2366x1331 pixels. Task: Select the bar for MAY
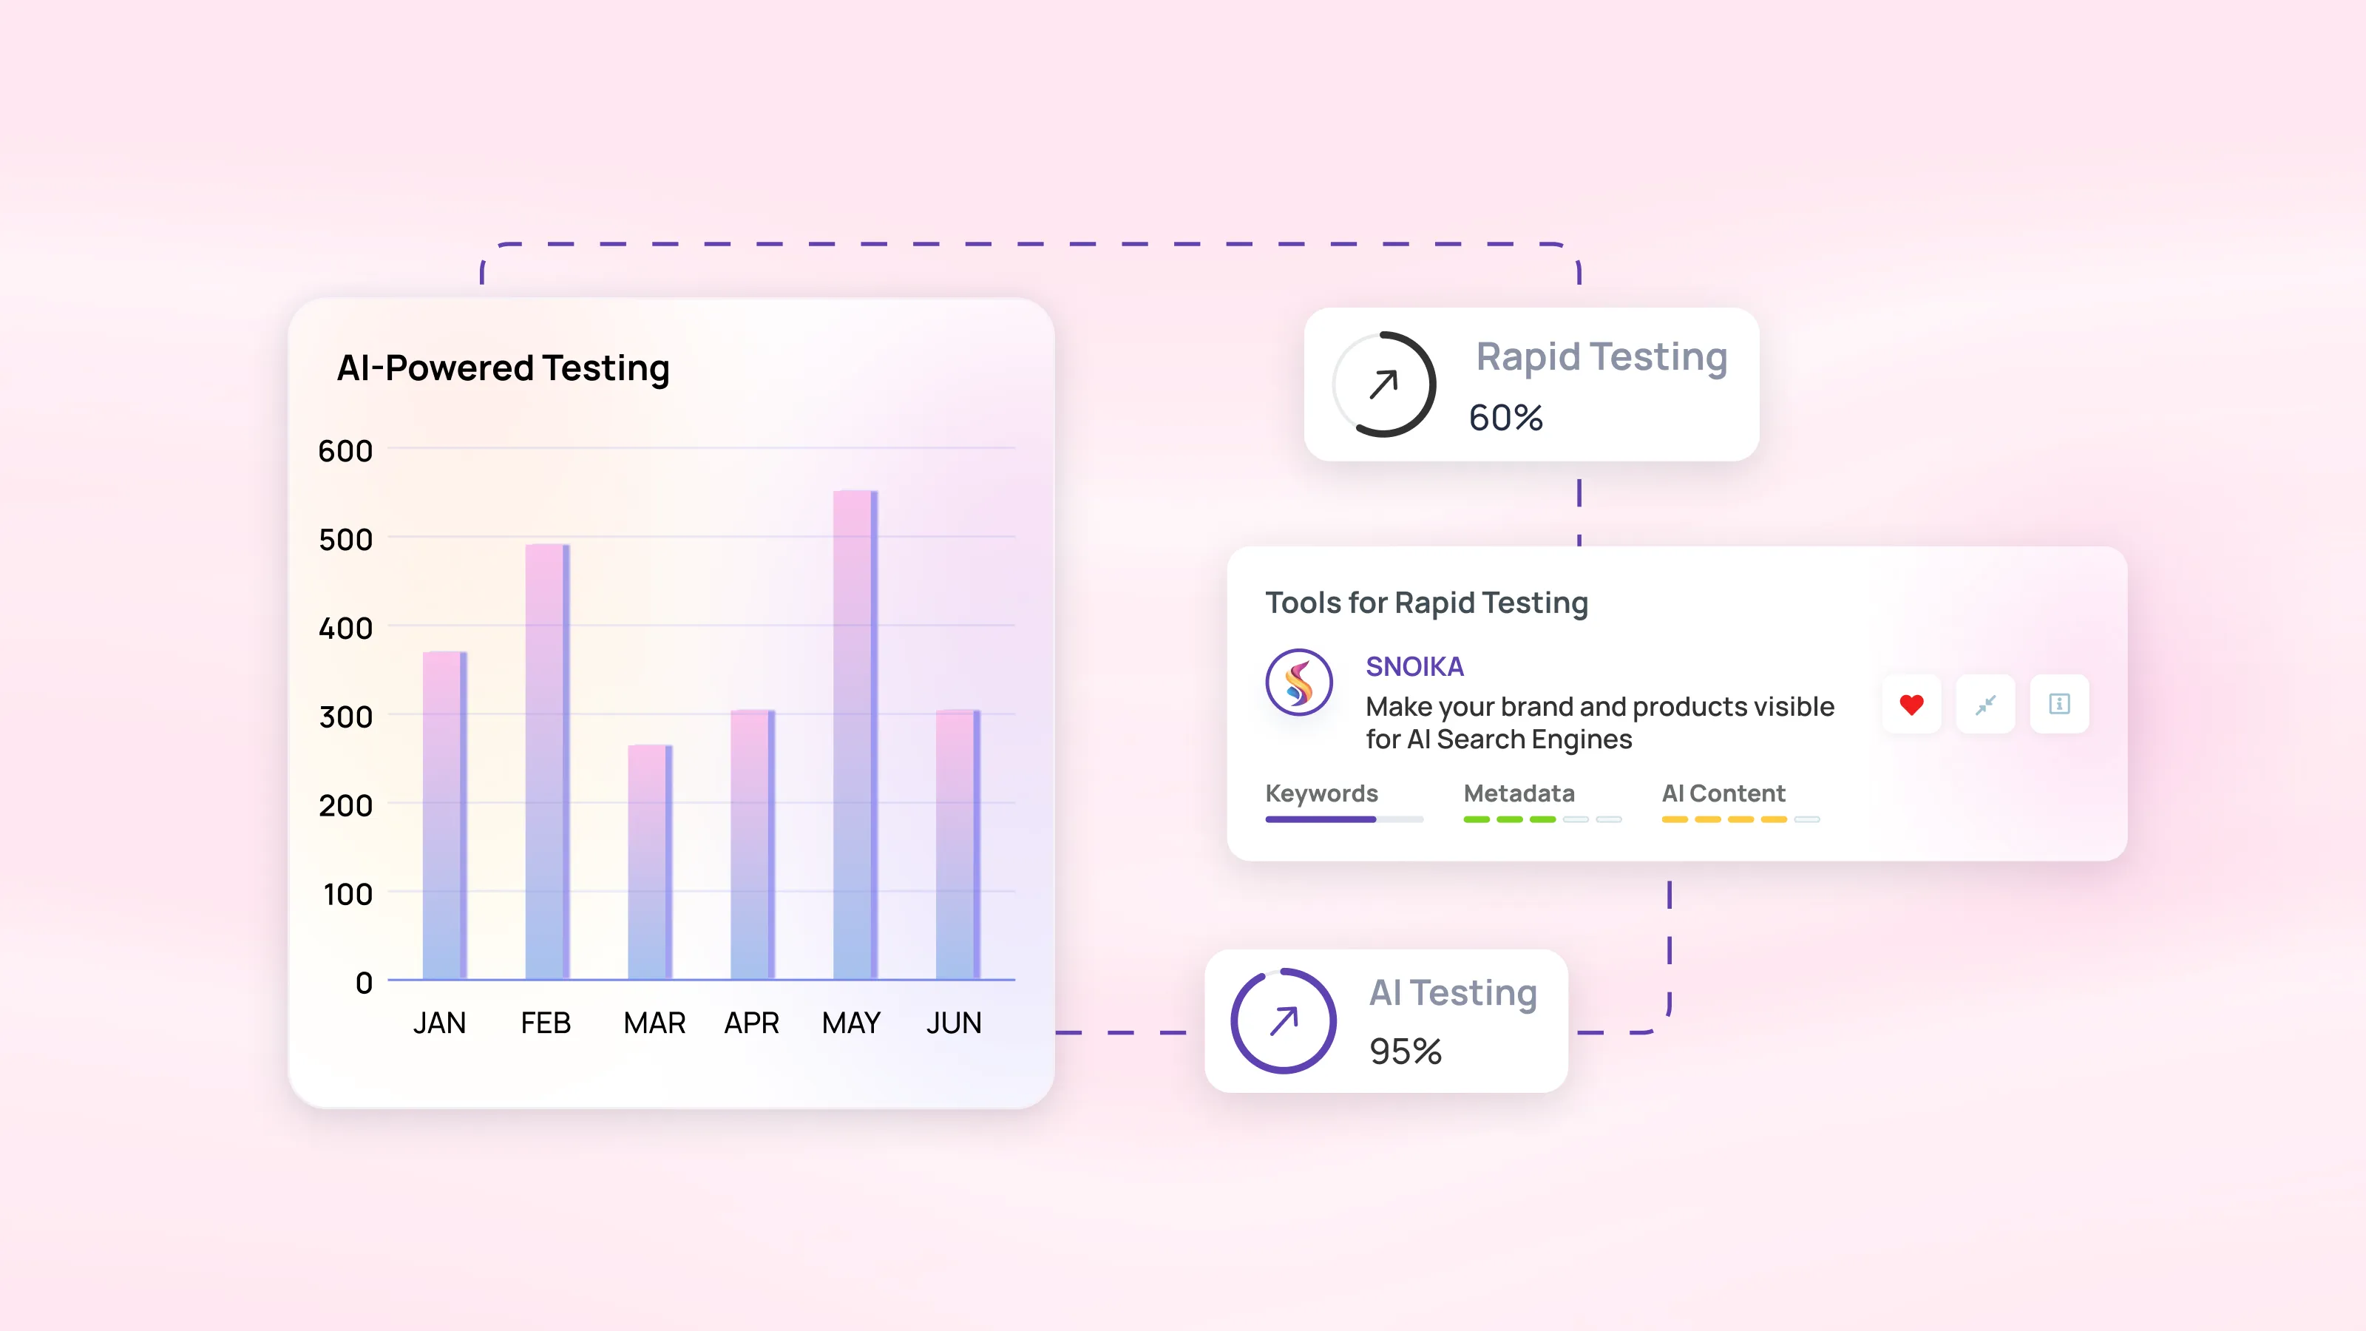pos(854,735)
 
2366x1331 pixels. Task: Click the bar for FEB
pos(546,762)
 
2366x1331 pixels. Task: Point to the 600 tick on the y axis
pos(345,451)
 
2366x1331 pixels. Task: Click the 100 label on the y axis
pos(348,895)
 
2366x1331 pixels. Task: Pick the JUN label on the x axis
pos(953,1023)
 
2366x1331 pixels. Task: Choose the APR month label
pos(751,1023)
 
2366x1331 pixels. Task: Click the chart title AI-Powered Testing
pos(504,368)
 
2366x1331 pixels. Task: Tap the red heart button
pos(1911,705)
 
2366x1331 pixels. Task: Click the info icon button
pos(2059,705)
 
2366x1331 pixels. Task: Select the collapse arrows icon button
pos(1986,705)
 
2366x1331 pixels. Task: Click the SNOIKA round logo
pos(1299,683)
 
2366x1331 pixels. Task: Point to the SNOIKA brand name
pos(1414,667)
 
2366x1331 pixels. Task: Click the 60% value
pos(1505,418)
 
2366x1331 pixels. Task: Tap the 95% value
pos(1406,1051)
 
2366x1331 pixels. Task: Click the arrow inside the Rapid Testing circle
pos(1383,384)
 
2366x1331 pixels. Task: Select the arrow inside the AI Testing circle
pos(1284,1020)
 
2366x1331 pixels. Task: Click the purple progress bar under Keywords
pos(1321,819)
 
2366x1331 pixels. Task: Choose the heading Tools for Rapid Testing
pos(1426,603)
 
